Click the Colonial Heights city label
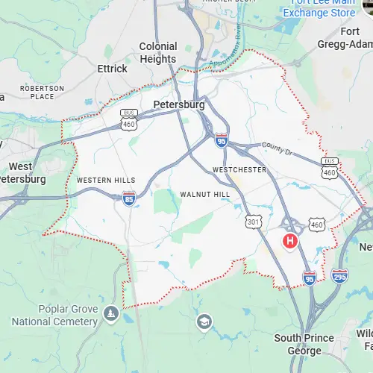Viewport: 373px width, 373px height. pyautogui.click(x=158, y=52)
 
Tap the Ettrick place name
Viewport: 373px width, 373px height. pyautogui.click(x=113, y=69)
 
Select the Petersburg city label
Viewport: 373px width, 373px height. pyautogui.click(x=178, y=105)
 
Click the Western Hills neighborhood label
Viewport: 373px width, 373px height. pyautogui.click(x=106, y=181)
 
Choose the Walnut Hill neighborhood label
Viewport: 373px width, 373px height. pyautogui.click(x=205, y=194)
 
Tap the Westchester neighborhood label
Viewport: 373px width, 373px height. pyautogui.click(x=239, y=169)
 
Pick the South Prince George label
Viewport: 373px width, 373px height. pyautogui.click(x=303, y=344)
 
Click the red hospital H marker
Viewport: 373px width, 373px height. pyautogui.click(x=289, y=241)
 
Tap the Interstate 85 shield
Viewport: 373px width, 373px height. pyautogui.click(x=129, y=198)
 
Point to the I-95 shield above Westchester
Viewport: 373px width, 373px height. pyautogui.click(x=222, y=140)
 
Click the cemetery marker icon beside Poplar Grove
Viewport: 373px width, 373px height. pyautogui.click(x=111, y=313)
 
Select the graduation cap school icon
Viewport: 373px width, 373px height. pyautogui.click(x=204, y=322)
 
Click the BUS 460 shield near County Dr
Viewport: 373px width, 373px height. pyautogui.click(x=329, y=168)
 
